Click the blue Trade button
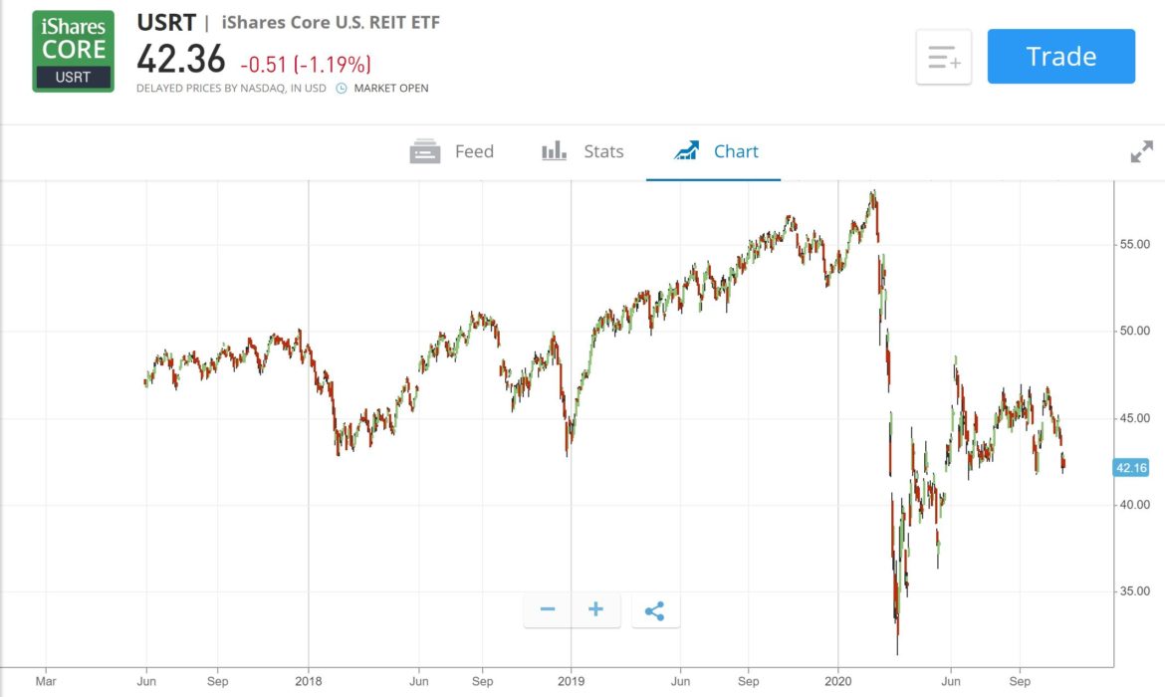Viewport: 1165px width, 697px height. click(x=1060, y=57)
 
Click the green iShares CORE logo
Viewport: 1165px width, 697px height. click(x=74, y=51)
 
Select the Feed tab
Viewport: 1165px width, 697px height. click(x=452, y=151)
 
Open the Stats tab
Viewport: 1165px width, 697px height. click(x=582, y=151)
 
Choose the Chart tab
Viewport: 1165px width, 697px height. click(x=716, y=151)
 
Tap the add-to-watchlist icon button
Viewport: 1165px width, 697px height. click(x=943, y=57)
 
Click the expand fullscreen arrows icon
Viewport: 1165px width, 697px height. click(x=1141, y=152)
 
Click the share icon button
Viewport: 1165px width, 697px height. click(x=654, y=610)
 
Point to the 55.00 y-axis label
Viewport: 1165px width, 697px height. click(x=1130, y=244)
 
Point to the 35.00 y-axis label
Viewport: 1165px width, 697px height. click(x=1130, y=591)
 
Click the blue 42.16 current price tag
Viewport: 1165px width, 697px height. click(x=1132, y=467)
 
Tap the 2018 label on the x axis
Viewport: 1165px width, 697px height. click(x=308, y=682)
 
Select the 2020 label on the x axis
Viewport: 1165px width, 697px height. click(x=838, y=682)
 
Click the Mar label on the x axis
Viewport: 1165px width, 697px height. click(x=46, y=682)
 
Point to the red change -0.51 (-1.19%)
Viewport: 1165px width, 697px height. click(x=306, y=65)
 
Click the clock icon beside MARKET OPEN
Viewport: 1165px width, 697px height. click(x=341, y=88)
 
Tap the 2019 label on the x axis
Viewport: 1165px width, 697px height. click(x=571, y=682)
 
